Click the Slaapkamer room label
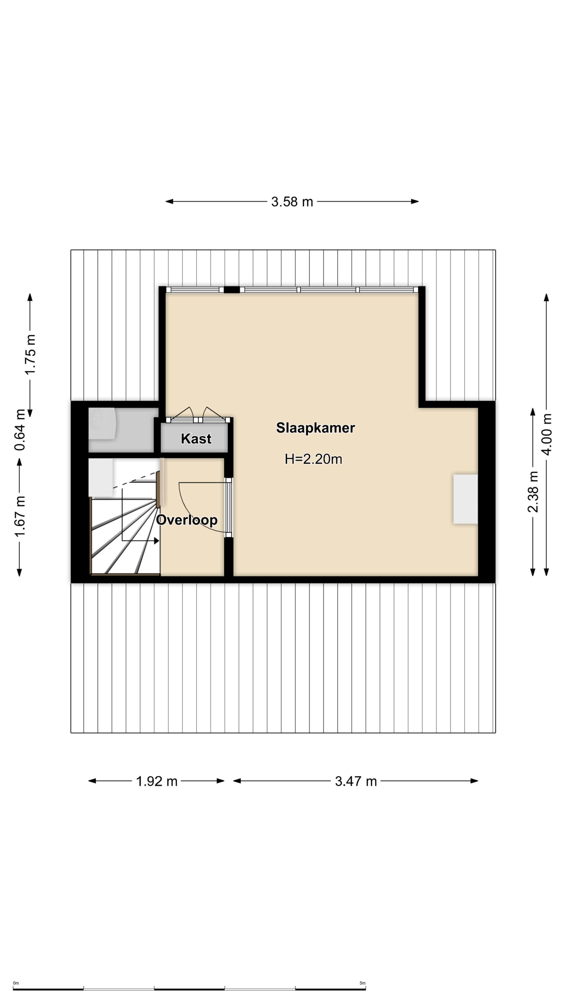click(x=315, y=428)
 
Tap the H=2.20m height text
click(x=313, y=459)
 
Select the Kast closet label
click(x=196, y=439)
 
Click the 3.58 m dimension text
click(x=292, y=202)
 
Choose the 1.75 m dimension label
click(x=30, y=354)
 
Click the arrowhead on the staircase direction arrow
click(x=156, y=541)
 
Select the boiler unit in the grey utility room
click(x=102, y=424)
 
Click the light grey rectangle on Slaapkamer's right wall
click(x=465, y=499)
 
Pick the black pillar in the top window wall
click(x=232, y=290)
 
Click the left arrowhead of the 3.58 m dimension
click(x=169, y=202)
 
